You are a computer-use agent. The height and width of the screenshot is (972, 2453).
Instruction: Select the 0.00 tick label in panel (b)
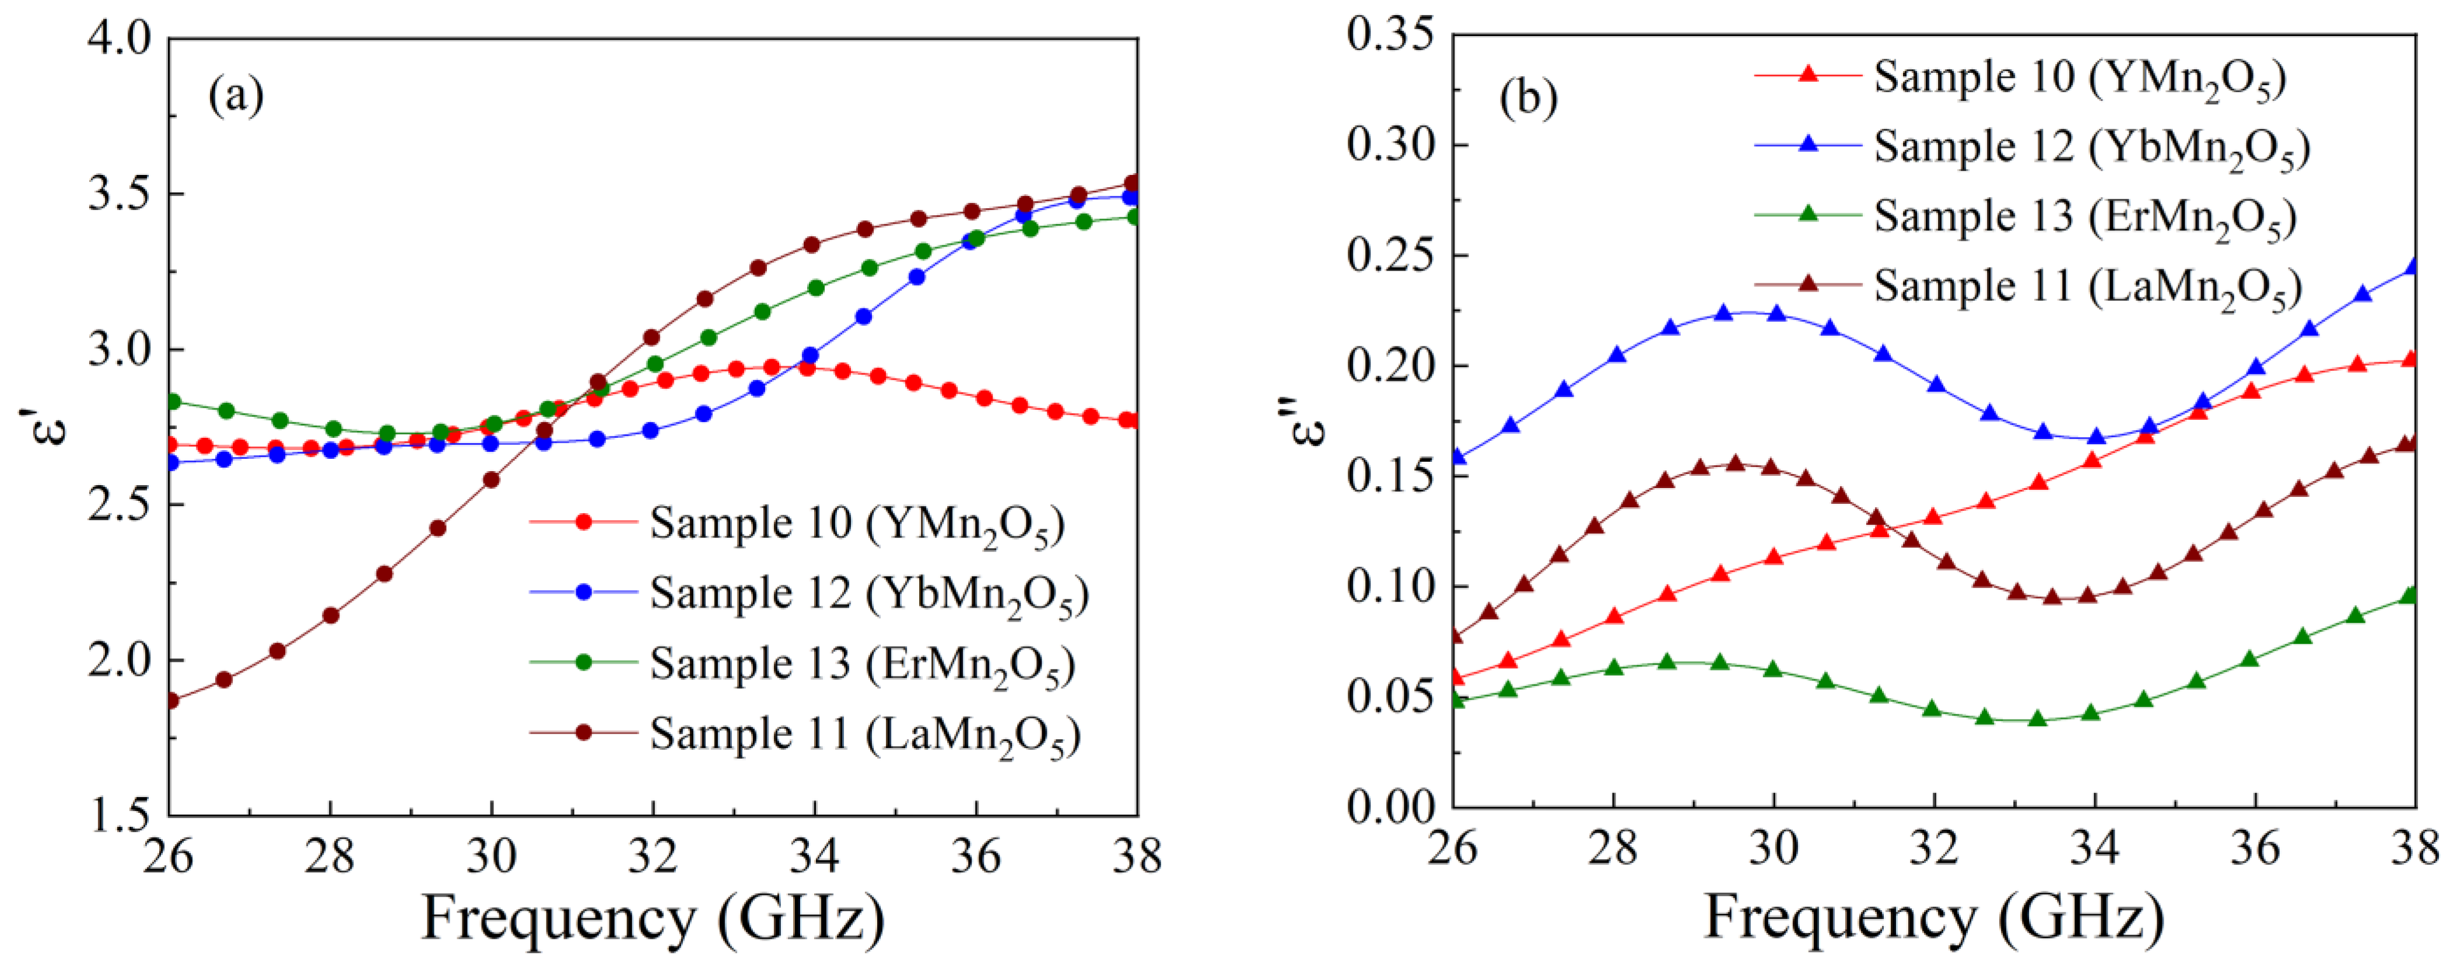(1390, 808)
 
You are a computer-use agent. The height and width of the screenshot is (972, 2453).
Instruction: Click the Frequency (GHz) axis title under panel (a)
(653, 920)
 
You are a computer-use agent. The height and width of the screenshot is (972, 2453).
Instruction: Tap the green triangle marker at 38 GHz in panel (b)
(2410, 595)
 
